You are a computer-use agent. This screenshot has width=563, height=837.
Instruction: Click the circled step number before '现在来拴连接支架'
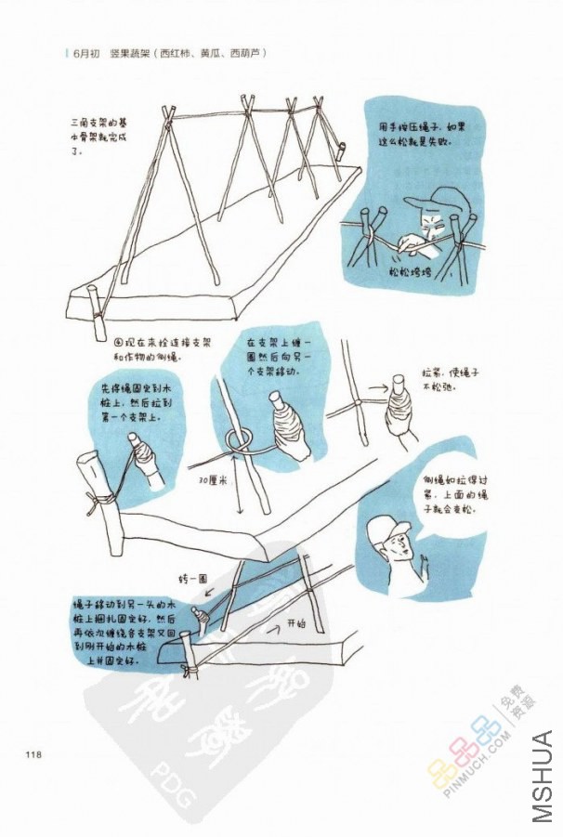[119, 342]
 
